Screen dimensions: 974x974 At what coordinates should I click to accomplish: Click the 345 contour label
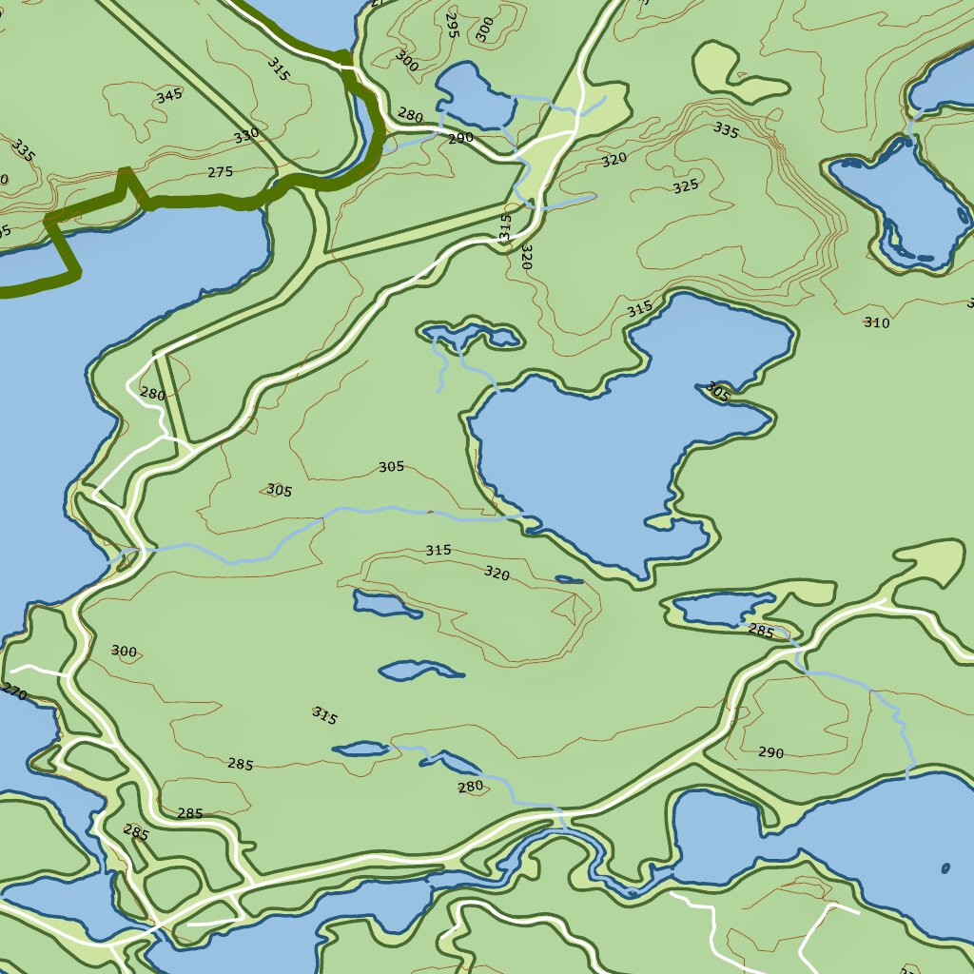pyautogui.click(x=168, y=95)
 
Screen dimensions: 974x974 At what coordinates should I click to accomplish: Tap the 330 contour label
pyautogui.click(x=246, y=136)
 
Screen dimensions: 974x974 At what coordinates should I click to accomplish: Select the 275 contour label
pyautogui.click(x=220, y=172)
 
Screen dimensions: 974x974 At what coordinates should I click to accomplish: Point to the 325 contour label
pyautogui.click(x=686, y=186)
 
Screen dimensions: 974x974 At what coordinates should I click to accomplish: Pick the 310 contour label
pyautogui.click(x=877, y=323)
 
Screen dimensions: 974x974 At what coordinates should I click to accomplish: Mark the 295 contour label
pyautogui.click(x=452, y=26)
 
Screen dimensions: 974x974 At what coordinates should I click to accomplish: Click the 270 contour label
pyautogui.click(x=13, y=692)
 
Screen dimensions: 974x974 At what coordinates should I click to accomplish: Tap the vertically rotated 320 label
pyautogui.click(x=525, y=257)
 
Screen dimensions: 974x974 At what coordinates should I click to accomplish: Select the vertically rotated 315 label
pyautogui.click(x=505, y=226)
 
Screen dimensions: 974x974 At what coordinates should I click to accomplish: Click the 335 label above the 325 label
pyautogui.click(x=725, y=130)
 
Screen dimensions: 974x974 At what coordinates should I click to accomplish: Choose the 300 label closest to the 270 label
pyautogui.click(x=124, y=652)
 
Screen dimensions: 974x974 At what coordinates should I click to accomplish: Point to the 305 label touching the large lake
pyautogui.click(x=718, y=392)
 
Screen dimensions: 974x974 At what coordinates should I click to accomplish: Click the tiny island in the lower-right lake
pyautogui.click(x=945, y=867)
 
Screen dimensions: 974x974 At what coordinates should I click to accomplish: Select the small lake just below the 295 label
pyautogui.click(x=474, y=95)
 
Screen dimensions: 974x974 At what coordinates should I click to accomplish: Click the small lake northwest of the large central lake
pyautogui.click(x=471, y=335)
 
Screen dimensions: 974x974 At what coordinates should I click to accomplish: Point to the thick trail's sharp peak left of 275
pyautogui.click(x=124, y=172)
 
